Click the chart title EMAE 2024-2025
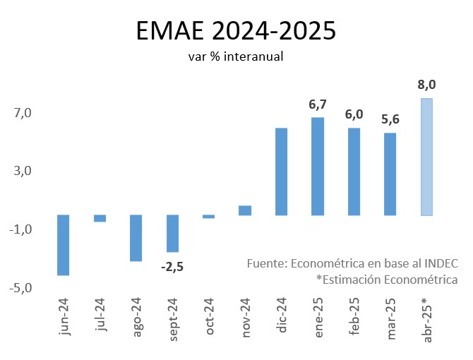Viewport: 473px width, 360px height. tap(236, 32)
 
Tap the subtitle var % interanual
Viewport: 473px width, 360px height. tap(236, 56)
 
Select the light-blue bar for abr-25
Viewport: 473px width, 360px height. tap(426, 157)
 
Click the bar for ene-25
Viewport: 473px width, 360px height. tap(318, 166)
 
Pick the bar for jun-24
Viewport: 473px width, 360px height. tap(63, 245)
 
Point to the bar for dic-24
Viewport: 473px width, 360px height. tap(281, 172)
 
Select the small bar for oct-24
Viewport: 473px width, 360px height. tap(208, 217)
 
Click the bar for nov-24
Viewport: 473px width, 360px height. tap(245, 210)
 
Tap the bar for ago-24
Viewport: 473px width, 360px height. tap(136, 238)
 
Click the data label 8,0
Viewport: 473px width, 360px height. tap(426, 85)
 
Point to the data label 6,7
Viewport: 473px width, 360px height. tap(318, 104)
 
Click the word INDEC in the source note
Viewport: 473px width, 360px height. tap(441, 263)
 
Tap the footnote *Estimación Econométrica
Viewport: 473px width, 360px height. tap(387, 280)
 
